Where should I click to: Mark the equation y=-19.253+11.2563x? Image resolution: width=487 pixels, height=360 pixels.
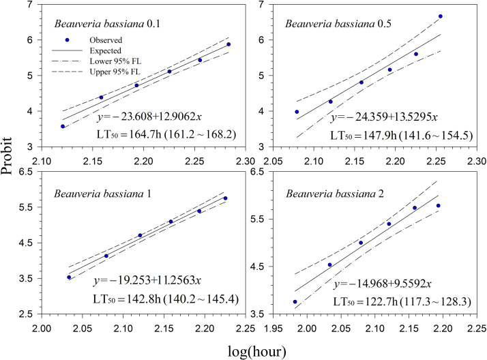click(148, 281)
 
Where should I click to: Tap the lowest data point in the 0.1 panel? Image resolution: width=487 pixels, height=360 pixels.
click(63, 126)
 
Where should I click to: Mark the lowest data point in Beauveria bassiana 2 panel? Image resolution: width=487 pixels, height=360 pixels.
click(295, 301)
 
